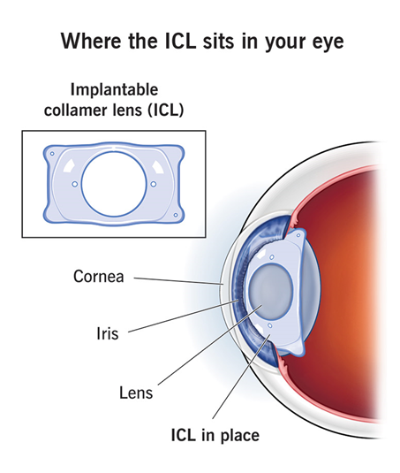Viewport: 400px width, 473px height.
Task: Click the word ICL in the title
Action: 181,41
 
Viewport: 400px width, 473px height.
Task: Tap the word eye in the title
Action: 328,42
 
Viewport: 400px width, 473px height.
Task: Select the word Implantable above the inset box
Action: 114,90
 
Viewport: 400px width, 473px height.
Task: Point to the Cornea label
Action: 99,277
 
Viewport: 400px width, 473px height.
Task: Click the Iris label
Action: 108,333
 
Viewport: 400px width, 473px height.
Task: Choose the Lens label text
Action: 136,393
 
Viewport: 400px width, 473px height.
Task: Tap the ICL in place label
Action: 215,435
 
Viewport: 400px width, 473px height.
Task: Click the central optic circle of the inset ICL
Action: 115,151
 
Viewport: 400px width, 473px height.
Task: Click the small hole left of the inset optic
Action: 75,184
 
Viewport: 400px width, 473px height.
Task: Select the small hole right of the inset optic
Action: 154,184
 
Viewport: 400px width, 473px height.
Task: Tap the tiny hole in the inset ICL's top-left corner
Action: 52,154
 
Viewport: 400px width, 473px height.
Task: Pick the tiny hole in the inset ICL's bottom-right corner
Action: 176,215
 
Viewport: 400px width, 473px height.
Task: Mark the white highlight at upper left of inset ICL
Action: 69,165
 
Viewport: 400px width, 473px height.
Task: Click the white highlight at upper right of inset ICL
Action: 158,166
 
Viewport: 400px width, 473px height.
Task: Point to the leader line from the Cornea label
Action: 178,281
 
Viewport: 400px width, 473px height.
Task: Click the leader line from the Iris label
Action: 184,317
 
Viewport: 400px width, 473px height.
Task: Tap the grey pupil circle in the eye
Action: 271,292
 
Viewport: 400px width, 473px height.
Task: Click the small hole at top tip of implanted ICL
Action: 298,235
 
